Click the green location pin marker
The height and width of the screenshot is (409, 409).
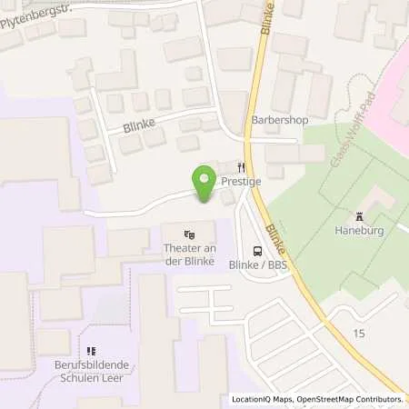click(204, 185)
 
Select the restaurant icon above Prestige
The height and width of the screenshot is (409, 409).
click(243, 167)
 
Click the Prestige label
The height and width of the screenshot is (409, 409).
click(242, 182)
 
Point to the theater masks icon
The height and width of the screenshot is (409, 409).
click(188, 234)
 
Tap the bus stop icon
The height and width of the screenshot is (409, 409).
click(258, 251)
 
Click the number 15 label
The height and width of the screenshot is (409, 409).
click(359, 334)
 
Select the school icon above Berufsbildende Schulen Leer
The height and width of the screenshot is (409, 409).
click(91, 350)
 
